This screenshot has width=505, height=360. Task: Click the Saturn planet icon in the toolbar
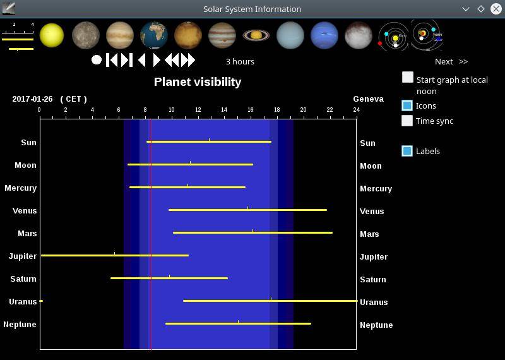pyautogui.click(x=256, y=35)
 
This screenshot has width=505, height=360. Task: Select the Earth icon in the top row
pyautogui.click(x=154, y=35)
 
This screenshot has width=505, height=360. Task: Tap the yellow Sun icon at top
pyautogui.click(x=52, y=35)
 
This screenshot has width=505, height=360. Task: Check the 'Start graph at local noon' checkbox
pyautogui.click(x=407, y=77)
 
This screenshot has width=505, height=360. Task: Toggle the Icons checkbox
pyautogui.click(x=407, y=105)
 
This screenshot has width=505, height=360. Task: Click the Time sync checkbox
pyautogui.click(x=407, y=121)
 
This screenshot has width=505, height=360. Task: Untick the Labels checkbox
pyautogui.click(x=407, y=151)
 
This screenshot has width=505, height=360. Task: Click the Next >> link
pyautogui.click(x=451, y=61)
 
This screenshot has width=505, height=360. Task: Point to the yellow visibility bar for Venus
pyautogui.click(x=247, y=210)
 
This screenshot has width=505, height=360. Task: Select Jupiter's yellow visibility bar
pyautogui.click(x=115, y=255)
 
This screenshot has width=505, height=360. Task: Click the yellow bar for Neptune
pyautogui.click(x=238, y=323)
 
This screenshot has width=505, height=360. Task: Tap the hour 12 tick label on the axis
pyautogui.click(x=198, y=110)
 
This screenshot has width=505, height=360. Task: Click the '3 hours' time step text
pyautogui.click(x=240, y=61)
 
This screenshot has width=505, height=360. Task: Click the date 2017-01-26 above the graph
pyautogui.click(x=32, y=99)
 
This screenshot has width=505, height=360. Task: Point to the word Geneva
pyautogui.click(x=369, y=99)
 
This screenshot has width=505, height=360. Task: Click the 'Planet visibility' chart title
pyautogui.click(x=198, y=82)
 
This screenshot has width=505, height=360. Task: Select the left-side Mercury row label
pyautogui.click(x=21, y=188)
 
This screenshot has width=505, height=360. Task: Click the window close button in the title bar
pyautogui.click(x=496, y=9)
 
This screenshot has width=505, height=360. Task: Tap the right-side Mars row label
pyautogui.click(x=369, y=234)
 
